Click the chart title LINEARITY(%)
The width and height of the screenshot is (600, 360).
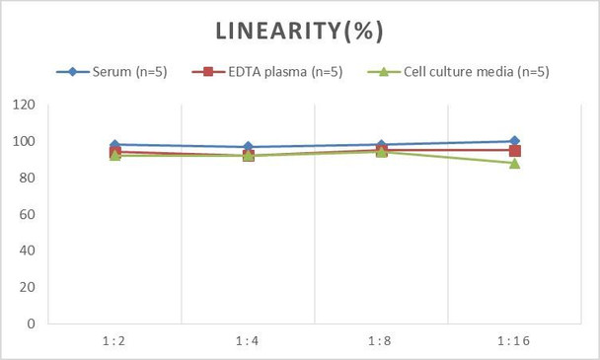[299, 31]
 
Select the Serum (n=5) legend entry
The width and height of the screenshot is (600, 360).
[119, 71]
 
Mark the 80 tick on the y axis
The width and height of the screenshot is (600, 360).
[27, 179]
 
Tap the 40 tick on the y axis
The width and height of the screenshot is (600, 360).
[27, 251]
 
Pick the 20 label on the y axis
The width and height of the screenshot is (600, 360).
[27, 287]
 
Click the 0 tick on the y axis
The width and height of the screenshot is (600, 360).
[31, 324]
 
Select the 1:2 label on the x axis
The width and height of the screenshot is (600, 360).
[114, 341]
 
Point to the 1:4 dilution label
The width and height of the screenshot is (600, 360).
[248, 341]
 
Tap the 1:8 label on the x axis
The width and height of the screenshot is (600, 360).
[381, 341]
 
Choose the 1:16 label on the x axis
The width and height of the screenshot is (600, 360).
[514, 341]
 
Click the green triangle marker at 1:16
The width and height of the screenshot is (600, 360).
[514, 163]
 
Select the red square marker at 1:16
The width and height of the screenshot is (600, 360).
[514, 151]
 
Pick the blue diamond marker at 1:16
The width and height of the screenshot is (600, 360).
[514, 141]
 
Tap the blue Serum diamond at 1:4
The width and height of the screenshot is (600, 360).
[248, 147]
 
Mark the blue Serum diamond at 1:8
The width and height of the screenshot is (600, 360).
[381, 145]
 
